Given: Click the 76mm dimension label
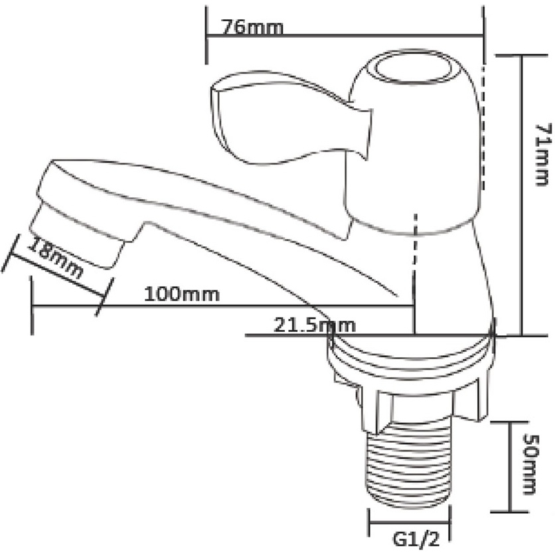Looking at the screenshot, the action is pyautogui.click(x=252, y=27).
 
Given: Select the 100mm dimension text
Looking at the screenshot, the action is pyautogui.click(x=182, y=295).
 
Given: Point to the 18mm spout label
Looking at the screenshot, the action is pyautogui.click(x=56, y=258).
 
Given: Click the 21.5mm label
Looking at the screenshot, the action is pyautogui.click(x=314, y=325).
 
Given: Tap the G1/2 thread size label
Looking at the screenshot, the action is pyautogui.click(x=416, y=540).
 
